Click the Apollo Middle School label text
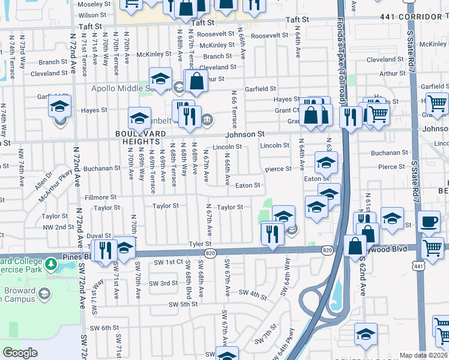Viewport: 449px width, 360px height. [117, 88]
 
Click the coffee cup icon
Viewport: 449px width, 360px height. [429, 221]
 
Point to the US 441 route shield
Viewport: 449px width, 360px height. [418, 264]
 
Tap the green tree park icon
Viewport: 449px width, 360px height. [51, 263]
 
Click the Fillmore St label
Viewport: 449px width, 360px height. [100, 197]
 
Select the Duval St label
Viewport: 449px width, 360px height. [99, 236]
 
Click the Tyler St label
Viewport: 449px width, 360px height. [200, 244]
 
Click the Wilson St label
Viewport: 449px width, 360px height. [92, 15]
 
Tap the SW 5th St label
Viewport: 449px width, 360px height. [183, 304]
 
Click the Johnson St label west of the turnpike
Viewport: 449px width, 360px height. [245, 134]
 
